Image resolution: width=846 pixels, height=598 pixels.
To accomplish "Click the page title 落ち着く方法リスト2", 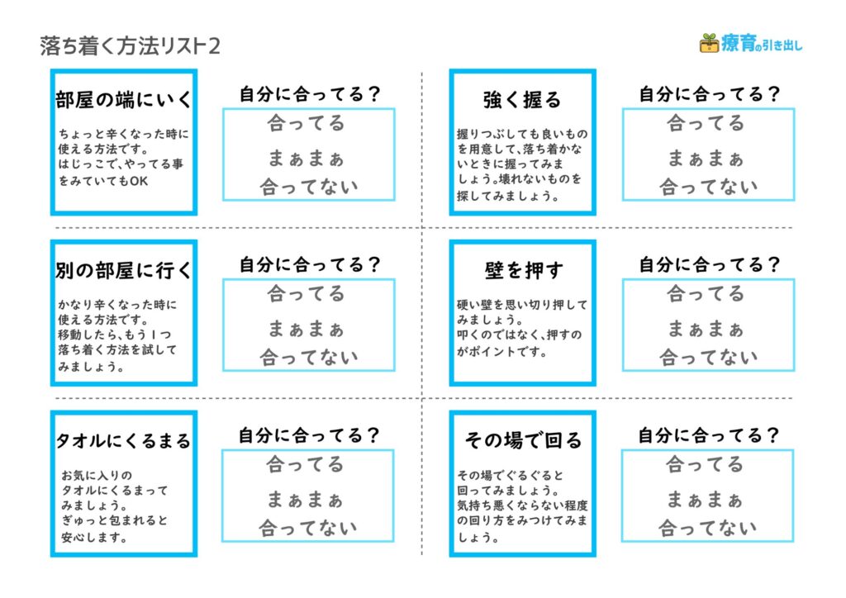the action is [130, 45].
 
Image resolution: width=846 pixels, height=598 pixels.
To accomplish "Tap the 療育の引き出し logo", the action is [750, 43].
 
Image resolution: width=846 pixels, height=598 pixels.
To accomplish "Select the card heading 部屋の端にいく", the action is [124, 100].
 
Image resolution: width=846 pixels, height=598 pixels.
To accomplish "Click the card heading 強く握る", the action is [522, 100].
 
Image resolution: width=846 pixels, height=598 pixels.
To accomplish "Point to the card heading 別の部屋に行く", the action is [124, 270].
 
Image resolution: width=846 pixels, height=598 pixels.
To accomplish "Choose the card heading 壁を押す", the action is [523, 270].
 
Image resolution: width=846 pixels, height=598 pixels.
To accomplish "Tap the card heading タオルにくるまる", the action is [124, 440].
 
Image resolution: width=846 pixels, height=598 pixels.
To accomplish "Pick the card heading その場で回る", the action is [523, 440].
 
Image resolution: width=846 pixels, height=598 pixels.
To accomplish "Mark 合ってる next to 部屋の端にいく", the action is [306, 123].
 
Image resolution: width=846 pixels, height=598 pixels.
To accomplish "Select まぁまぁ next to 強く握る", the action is [706, 158].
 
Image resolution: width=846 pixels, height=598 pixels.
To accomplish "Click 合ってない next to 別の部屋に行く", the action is [309, 357].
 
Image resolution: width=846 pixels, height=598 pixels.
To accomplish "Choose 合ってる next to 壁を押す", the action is [706, 293].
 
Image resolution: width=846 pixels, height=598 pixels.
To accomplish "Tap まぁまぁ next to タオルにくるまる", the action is [305, 500].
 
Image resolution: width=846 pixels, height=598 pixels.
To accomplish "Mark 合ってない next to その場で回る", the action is [707, 527].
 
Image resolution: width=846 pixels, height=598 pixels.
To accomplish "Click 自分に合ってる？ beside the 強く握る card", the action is [709, 94].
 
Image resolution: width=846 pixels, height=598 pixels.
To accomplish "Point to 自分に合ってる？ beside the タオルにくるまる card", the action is [309, 435].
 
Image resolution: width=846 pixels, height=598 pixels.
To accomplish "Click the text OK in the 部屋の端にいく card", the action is [139, 181].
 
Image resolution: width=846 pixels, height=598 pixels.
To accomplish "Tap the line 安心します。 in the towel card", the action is [94, 537].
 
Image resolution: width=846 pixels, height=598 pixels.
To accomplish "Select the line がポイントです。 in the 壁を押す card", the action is [501, 352].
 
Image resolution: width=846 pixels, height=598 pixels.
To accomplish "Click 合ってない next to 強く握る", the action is [708, 187].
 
